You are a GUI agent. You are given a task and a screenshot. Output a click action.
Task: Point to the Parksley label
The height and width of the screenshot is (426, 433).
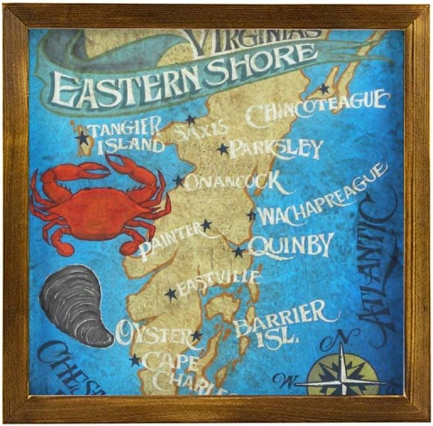(x=276, y=149)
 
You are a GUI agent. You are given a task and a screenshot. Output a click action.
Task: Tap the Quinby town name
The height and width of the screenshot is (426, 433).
(x=291, y=245)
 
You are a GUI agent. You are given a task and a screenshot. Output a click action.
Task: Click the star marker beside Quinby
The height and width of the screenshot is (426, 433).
(x=238, y=252)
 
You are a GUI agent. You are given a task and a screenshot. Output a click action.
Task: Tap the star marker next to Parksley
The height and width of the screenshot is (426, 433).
(x=223, y=149)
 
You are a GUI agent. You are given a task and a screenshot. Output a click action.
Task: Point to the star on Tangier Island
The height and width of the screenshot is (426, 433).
(x=83, y=138)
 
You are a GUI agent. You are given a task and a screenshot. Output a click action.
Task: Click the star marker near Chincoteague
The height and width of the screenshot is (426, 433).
(x=324, y=89)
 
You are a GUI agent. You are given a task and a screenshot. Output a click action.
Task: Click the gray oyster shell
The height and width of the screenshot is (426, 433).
(x=76, y=304)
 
